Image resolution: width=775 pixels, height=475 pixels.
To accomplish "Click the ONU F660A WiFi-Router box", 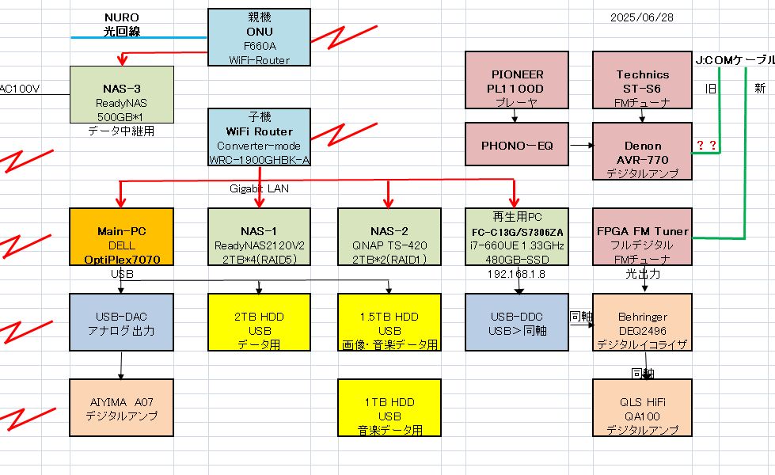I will [259, 37].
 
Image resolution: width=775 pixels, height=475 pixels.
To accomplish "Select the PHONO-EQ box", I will [516, 146].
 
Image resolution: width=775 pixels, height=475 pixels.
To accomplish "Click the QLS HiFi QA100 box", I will [642, 408].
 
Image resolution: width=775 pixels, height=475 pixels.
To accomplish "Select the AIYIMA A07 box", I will [120, 408].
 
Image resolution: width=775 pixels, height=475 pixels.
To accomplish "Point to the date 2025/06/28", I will [642, 17].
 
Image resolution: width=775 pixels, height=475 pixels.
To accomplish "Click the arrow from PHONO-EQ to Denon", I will [581, 146].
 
